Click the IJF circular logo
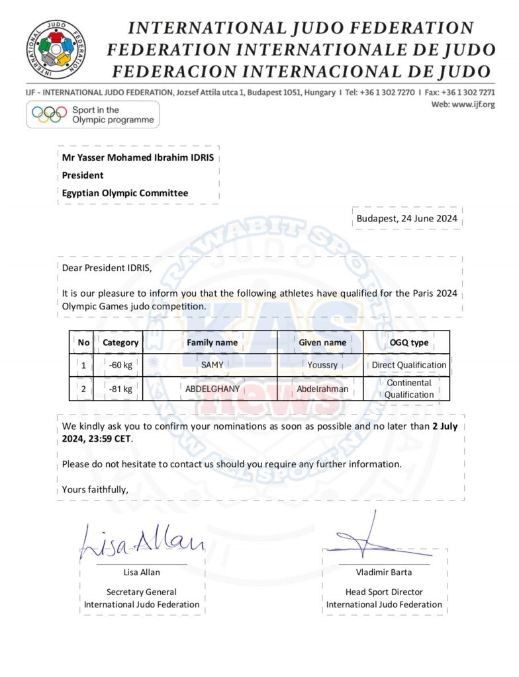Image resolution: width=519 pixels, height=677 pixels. (56, 49)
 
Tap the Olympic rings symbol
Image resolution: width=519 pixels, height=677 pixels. (50, 115)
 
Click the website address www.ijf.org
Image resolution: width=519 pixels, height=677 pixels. (473, 104)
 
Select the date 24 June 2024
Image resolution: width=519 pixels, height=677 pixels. (406, 218)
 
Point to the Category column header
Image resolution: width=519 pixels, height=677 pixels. (120, 342)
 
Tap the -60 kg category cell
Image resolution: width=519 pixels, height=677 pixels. (120, 365)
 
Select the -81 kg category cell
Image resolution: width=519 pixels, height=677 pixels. (120, 389)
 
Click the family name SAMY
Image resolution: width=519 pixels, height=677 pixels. (212, 365)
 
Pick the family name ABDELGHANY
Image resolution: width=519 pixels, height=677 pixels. (212, 389)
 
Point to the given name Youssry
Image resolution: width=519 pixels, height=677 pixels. (322, 365)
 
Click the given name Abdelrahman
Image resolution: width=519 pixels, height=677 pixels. (322, 389)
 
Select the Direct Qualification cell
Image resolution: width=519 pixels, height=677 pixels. (409, 365)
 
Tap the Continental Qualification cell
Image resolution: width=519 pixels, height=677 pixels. (409, 389)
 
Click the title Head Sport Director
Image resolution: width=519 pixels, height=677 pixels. (384, 592)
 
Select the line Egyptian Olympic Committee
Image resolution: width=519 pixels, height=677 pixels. (125, 193)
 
